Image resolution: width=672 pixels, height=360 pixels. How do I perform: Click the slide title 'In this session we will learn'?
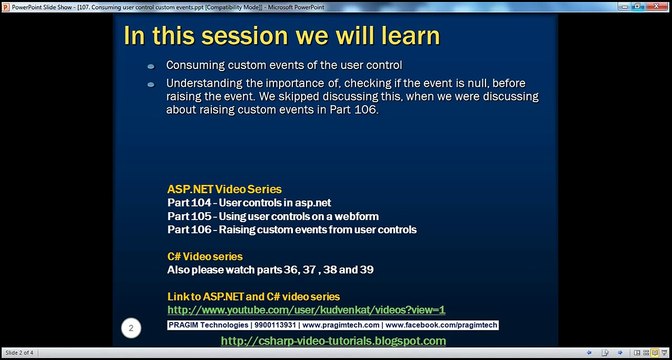[x=281, y=36]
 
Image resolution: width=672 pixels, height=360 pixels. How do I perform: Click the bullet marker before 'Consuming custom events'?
[x=151, y=65]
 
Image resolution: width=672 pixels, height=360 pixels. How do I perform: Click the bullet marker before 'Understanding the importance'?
[x=151, y=83]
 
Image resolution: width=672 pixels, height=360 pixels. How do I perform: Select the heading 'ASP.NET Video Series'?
[x=224, y=188]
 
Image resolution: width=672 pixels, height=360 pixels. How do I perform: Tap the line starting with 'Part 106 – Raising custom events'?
[x=291, y=229]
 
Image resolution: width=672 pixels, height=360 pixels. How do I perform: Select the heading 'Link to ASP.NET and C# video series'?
[x=253, y=297]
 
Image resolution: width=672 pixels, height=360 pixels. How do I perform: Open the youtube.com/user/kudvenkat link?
[x=306, y=310]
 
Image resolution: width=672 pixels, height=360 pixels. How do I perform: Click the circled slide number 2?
[x=130, y=327]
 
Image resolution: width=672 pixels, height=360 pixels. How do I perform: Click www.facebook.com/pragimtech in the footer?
[x=440, y=326]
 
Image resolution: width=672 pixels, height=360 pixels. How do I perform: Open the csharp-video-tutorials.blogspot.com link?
[x=332, y=341]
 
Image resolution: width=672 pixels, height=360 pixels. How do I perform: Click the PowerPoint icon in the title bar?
[x=6, y=5]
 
